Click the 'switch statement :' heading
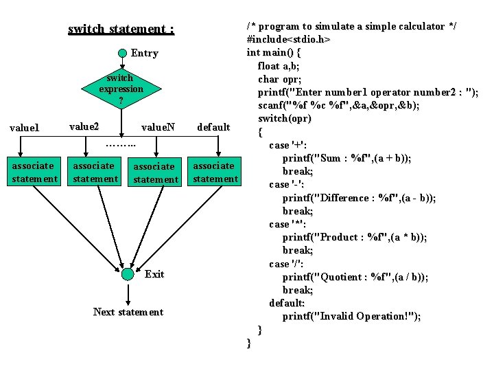pos(121,29)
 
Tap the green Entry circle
pos(121,53)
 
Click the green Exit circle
pos(128,274)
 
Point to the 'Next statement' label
pos(128,313)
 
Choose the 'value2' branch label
pos(84,126)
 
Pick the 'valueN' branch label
pos(157,127)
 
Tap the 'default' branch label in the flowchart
pos(213,127)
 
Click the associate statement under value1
pos(34,172)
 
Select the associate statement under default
pos(215,172)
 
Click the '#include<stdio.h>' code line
pos(288,39)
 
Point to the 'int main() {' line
pos(274,52)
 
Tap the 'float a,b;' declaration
pos(279,66)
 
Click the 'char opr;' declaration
pos(279,79)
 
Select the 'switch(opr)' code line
pos(285,118)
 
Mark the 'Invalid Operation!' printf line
pos(351,316)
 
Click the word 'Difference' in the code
pos(349,198)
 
